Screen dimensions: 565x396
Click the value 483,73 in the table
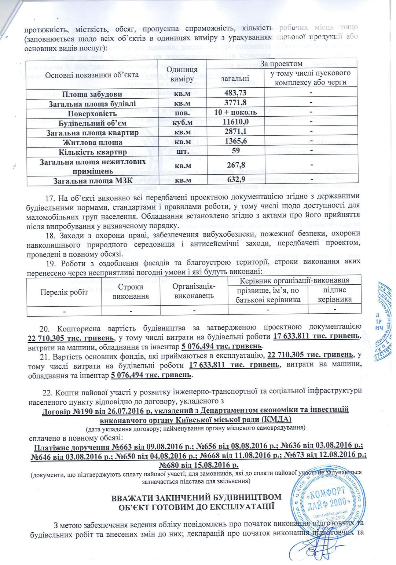[235, 93]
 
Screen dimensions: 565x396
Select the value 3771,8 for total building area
[235, 103]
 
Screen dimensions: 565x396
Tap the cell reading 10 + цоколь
[235, 112]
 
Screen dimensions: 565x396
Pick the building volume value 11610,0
[235, 122]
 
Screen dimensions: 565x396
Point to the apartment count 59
[236, 150]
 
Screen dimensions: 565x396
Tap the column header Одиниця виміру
[182, 74]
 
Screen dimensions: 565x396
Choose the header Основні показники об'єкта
[92, 75]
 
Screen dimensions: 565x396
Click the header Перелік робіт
[64, 292]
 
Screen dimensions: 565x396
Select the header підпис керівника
[334, 295]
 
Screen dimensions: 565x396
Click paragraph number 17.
[50, 198]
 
